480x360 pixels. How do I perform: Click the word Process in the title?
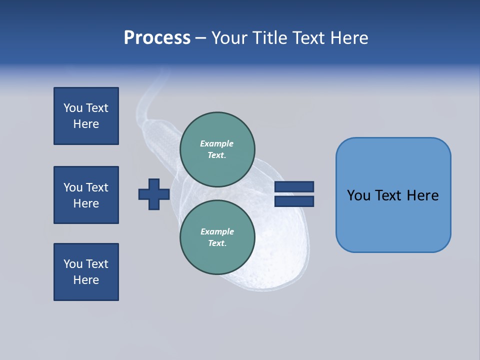point(157,38)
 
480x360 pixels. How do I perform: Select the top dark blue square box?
point(86,116)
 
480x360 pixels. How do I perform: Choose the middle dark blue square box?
point(86,195)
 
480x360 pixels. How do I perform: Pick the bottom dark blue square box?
point(86,272)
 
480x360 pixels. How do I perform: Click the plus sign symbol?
point(154,194)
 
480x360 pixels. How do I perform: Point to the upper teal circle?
point(217,149)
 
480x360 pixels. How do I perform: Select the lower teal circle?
point(217,237)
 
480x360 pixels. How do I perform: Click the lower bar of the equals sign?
point(294,201)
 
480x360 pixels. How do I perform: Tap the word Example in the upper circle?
point(217,143)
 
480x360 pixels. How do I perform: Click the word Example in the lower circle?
point(217,231)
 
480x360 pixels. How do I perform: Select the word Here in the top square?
point(86,124)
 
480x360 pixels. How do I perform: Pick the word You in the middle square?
point(73,187)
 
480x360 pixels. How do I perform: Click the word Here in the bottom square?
point(86,280)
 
